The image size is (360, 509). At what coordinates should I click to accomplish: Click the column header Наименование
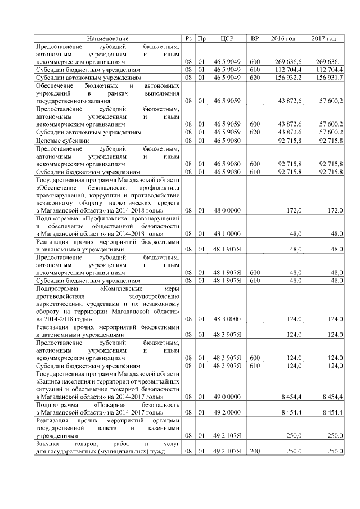[x=107, y=38]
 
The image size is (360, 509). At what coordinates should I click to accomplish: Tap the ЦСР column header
[x=227, y=38]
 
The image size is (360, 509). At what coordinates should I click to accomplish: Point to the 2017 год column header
[x=323, y=38]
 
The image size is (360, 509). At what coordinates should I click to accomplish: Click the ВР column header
[x=254, y=38]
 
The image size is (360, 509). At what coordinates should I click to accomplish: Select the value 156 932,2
[x=290, y=77]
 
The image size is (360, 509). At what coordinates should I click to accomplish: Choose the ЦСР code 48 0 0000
[x=227, y=210]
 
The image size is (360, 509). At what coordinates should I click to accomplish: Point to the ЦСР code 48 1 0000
[x=227, y=233]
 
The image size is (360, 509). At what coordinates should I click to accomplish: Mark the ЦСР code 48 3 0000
[x=227, y=318]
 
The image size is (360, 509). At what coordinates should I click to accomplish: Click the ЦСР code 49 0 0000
[x=227, y=397]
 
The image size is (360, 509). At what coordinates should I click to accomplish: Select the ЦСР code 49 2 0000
[x=227, y=412]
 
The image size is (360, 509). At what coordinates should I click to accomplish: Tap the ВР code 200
[x=254, y=451]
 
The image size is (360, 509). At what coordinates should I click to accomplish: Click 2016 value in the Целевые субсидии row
[x=291, y=140]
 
